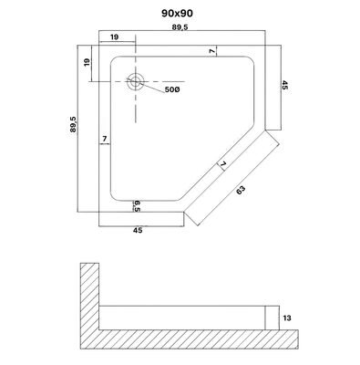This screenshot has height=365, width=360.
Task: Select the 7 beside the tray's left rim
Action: (x=108, y=140)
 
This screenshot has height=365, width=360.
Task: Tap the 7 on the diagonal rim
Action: (x=221, y=166)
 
